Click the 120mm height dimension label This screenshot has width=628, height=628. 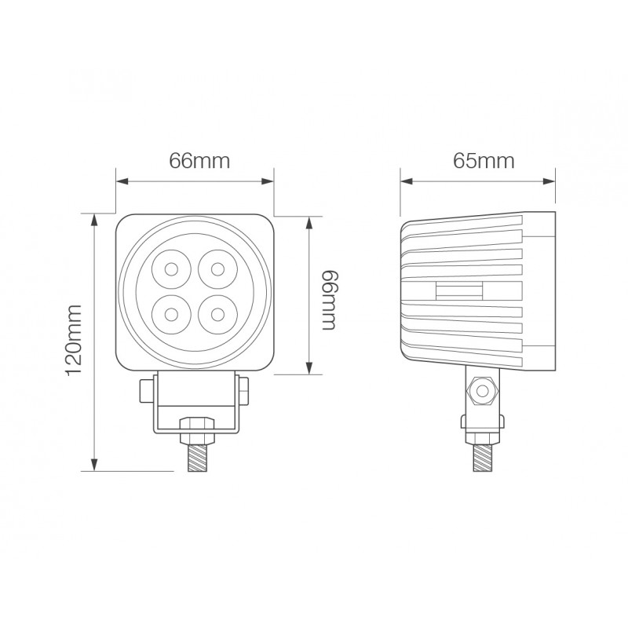tap(74, 340)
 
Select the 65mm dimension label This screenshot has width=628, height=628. tap(484, 161)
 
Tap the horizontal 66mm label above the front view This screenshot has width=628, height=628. tap(199, 161)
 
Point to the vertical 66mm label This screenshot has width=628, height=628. tap(330, 301)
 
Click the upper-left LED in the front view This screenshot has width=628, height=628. tap(171, 269)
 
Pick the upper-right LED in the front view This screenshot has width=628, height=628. tap(217, 269)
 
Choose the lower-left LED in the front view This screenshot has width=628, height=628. tap(171, 315)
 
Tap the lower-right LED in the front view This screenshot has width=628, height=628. tap(217, 315)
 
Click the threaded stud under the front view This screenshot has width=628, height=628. tap(198, 458)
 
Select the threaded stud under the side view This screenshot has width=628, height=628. tap(482, 458)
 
